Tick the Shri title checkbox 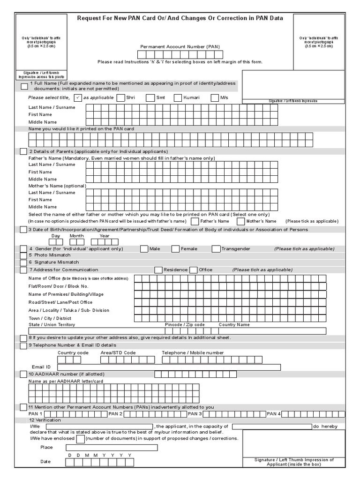click(121, 97)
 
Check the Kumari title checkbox click(178, 97)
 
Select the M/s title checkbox click(215, 97)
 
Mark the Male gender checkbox click(143, 249)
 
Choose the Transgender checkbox click(216, 249)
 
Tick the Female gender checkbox click(175, 249)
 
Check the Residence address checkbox click(158, 270)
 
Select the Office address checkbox click(194, 270)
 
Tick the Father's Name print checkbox click(194, 221)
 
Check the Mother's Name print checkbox click(241, 221)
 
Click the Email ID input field click(169, 367)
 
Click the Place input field click(112, 448)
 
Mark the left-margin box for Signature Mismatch click(23, 262)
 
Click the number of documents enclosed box click(80, 439)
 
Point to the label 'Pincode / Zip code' click(185, 324)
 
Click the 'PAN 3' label click(195, 414)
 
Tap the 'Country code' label click(73, 352)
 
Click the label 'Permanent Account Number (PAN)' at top click(180, 47)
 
